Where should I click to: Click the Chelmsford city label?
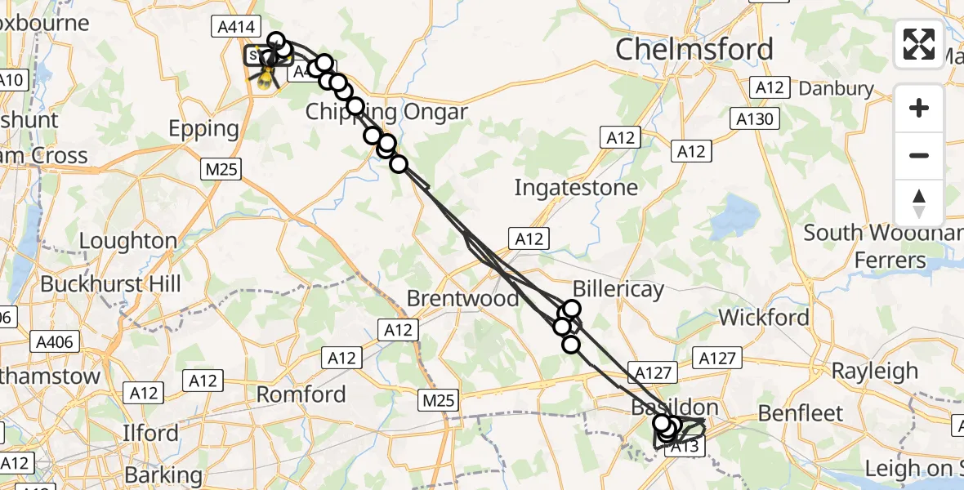pos(694,50)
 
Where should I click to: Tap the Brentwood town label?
pos(462,298)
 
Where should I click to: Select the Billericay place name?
pos(618,288)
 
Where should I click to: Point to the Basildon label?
pos(674,407)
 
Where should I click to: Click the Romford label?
pos(301,394)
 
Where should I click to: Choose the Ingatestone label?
pos(575,188)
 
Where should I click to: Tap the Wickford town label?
pos(764,317)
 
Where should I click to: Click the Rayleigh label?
pos(874,371)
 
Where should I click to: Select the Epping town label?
pos(203,129)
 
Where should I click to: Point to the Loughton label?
pos(127,241)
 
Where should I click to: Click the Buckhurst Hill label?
pos(110,284)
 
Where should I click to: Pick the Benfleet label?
pos(801,412)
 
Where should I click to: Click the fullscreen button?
pos(919,44)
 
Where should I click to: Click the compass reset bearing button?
pos(919,203)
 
